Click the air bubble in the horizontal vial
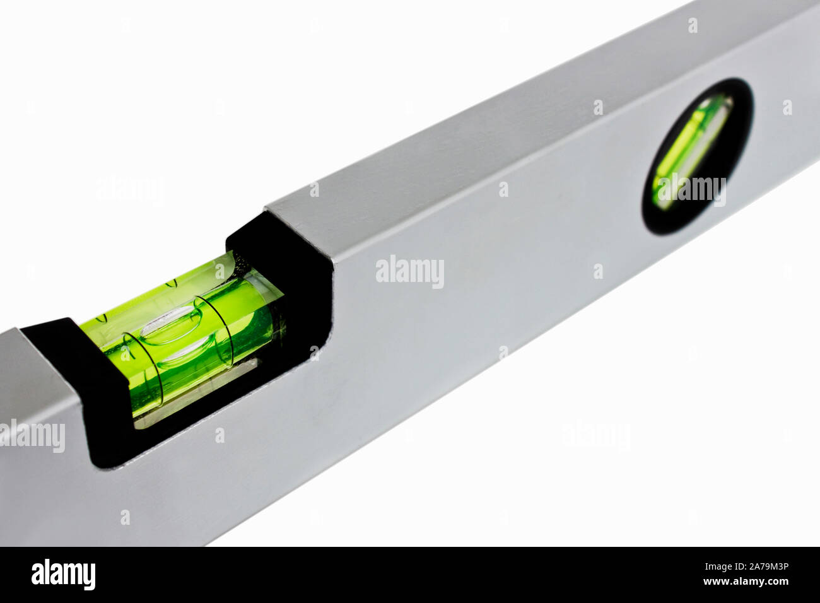tap(171, 325)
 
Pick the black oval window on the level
tap(698, 156)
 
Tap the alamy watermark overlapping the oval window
tap(692, 190)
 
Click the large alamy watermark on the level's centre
tap(409, 272)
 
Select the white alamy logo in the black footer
tap(63, 574)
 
